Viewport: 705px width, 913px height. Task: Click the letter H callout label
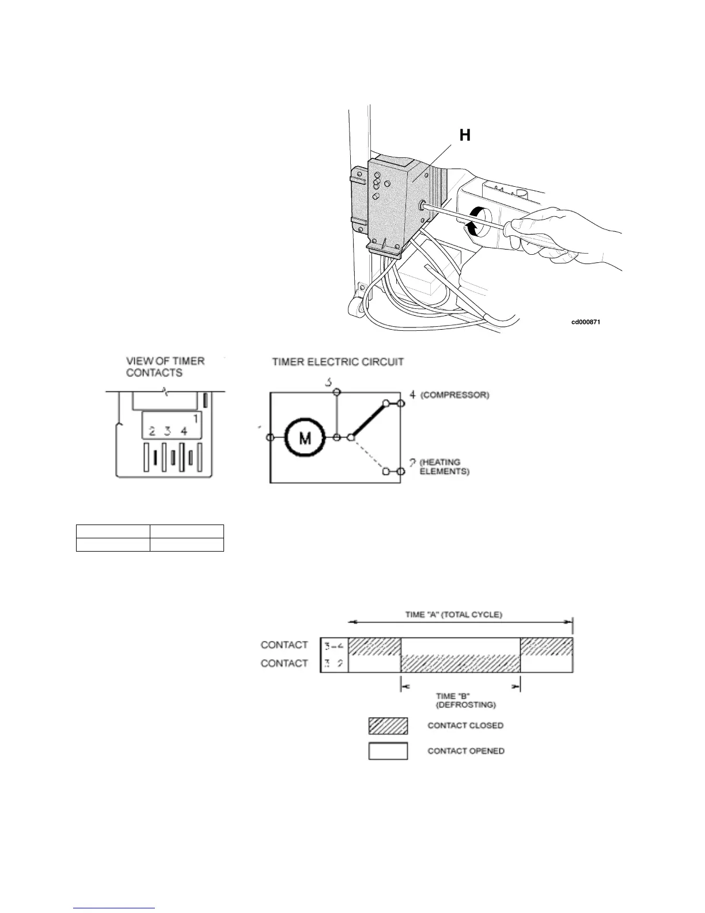(x=464, y=135)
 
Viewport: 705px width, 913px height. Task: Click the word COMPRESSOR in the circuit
(x=455, y=395)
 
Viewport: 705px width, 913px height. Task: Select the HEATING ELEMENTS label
(x=444, y=467)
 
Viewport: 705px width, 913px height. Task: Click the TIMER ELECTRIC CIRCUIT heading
(x=338, y=362)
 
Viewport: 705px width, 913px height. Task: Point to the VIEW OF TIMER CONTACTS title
(x=165, y=367)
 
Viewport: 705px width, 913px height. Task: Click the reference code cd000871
(x=586, y=322)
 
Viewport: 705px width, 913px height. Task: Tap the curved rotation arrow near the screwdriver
(x=475, y=222)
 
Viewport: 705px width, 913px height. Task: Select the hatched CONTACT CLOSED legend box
(x=388, y=726)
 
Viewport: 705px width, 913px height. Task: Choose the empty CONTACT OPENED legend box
(x=388, y=751)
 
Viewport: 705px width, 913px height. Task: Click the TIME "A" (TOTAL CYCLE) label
(x=453, y=614)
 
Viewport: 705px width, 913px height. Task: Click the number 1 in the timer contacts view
(x=195, y=419)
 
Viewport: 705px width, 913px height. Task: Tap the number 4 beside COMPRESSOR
(x=412, y=395)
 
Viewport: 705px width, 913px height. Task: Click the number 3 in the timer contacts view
(x=168, y=431)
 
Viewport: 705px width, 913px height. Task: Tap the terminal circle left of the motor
(x=270, y=438)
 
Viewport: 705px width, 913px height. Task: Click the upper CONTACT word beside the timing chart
(x=284, y=645)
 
